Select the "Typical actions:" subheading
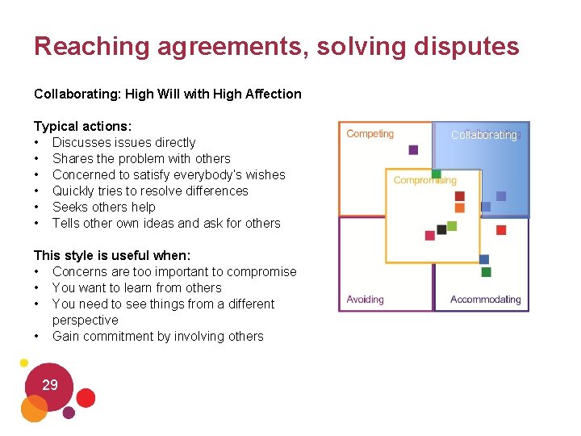[x=82, y=126]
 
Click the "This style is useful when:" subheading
[x=112, y=255]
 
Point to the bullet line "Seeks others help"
[x=104, y=207]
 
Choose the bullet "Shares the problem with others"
[x=141, y=158]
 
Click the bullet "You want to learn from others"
[x=136, y=287]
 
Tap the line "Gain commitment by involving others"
[x=157, y=336]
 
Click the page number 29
[x=50, y=385]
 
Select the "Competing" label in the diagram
[x=370, y=134]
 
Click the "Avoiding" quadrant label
[x=366, y=300]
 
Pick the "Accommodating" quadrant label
[x=486, y=300]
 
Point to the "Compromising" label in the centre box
[x=425, y=180]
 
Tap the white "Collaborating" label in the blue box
[x=484, y=135]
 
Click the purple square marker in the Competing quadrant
[x=413, y=149]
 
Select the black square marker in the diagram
[x=441, y=229]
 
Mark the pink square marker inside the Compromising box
[x=430, y=235]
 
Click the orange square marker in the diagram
[x=460, y=208]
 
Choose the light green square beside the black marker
[x=452, y=226]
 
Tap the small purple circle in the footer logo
[x=69, y=413]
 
